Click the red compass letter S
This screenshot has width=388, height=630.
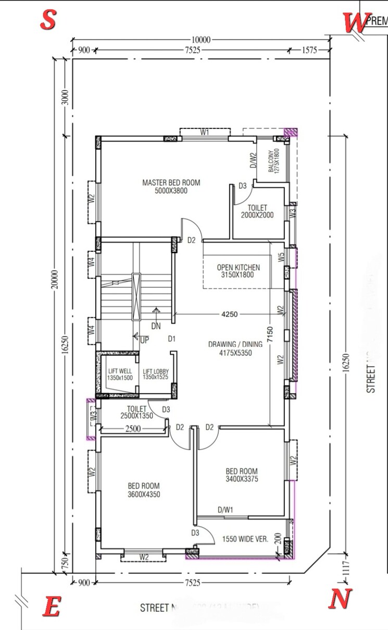pyautogui.click(x=48, y=20)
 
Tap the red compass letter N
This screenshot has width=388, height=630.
pyautogui.click(x=340, y=598)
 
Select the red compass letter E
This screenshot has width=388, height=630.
pyautogui.click(x=51, y=607)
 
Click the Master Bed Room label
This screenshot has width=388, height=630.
pyautogui.click(x=171, y=187)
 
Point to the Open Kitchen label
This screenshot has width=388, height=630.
pyautogui.click(x=238, y=271)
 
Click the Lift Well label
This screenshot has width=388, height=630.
pyautogui.click(x=120, y=374)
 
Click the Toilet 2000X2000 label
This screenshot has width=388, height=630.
pyautogui.click(x=257, y=211)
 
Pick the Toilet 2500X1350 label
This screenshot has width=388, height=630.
pyautogui.click(x=136, y=413)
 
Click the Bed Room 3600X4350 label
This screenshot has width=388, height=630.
pyautogui.click(x=144, y=490)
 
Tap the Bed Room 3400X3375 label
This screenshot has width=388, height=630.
pyautogui.click(x=242, y=475)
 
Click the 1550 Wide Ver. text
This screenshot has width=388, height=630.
pyautogui.click(x=245, y=540)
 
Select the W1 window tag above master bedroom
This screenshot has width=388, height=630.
pyautogui.click(x=205, y=133)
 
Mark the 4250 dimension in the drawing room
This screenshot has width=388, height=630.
pyautogui.click(x=230, y=314)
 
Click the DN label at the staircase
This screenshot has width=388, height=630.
pyautogui.click(x=156, y=326)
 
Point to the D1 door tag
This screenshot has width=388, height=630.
pyautogui.click(x=172, y=339)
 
